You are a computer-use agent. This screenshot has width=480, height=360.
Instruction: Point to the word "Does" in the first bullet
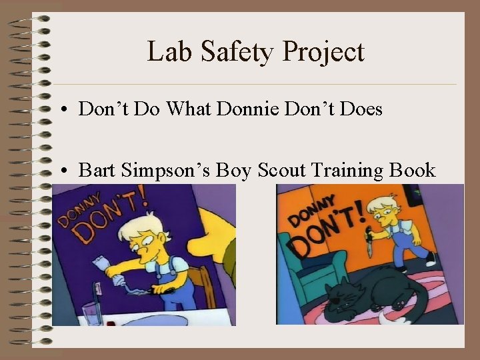[361, 109]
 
